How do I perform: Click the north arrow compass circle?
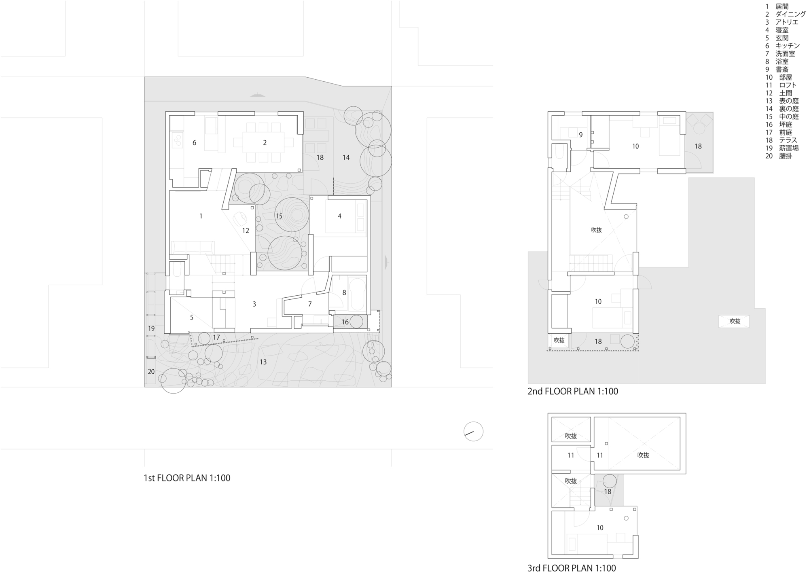point(473,432)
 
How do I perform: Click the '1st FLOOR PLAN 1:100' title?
point(187,478)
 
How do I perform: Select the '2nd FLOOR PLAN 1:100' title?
point(573,391)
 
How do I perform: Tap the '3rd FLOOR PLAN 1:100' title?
point(572,568)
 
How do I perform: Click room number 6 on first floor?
point(194,143)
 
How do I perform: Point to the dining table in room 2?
point(265,142)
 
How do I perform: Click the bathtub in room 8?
point(358,294)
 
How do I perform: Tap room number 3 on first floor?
point(254,304)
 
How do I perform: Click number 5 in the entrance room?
point(192,318)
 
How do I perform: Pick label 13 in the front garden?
point(263,362)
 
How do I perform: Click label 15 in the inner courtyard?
point(279,216)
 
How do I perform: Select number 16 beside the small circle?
point(345,322)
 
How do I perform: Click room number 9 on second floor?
point(580,135)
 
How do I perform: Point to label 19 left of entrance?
point(151,328)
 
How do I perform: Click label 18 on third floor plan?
point(608,492)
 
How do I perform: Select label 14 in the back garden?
point(346,157)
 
